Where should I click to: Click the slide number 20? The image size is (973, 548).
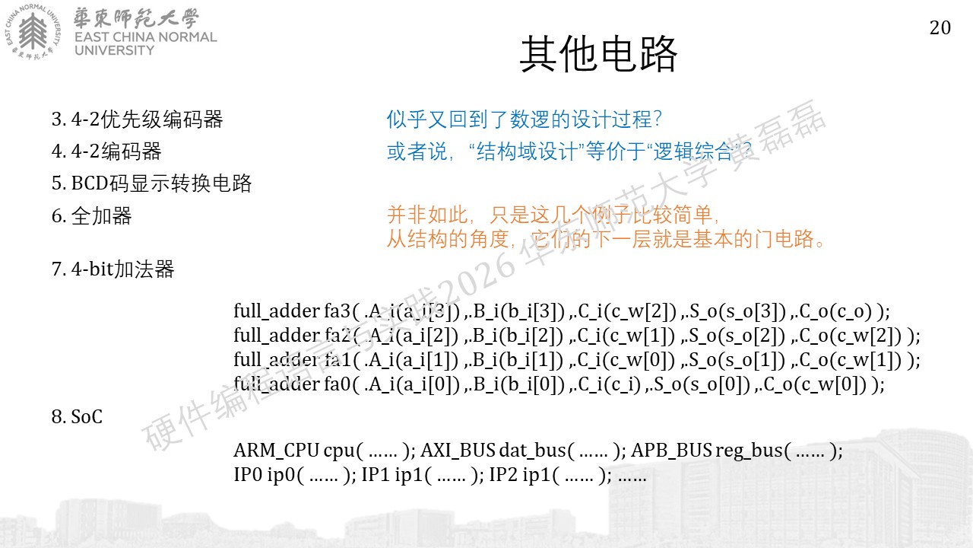point(940,28)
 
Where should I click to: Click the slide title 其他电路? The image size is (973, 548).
point(598,54)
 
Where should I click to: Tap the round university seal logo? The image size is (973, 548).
point(33,31)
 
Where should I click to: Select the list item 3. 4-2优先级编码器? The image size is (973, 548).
point(138,119)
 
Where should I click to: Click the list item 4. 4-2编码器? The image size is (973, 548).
point(106,151)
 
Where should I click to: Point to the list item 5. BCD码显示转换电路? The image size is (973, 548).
point(151,183)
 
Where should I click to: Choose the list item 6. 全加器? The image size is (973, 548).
point(92,215)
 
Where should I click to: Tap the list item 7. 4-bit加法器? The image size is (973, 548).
point(113,269)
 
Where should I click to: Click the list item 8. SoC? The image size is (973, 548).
point(77,416)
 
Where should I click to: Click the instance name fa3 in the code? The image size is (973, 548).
point(337,311)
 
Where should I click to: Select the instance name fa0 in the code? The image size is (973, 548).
point(337,384)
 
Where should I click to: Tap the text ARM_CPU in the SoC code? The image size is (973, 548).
point(276,451)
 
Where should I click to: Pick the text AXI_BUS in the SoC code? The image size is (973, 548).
point(458,451)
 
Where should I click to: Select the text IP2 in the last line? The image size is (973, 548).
point(503,474)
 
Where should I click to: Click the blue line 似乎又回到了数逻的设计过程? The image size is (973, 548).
point(524,119)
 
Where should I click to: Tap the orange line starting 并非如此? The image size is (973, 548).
point(553,215)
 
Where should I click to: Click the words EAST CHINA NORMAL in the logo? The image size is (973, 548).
point(145,37)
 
